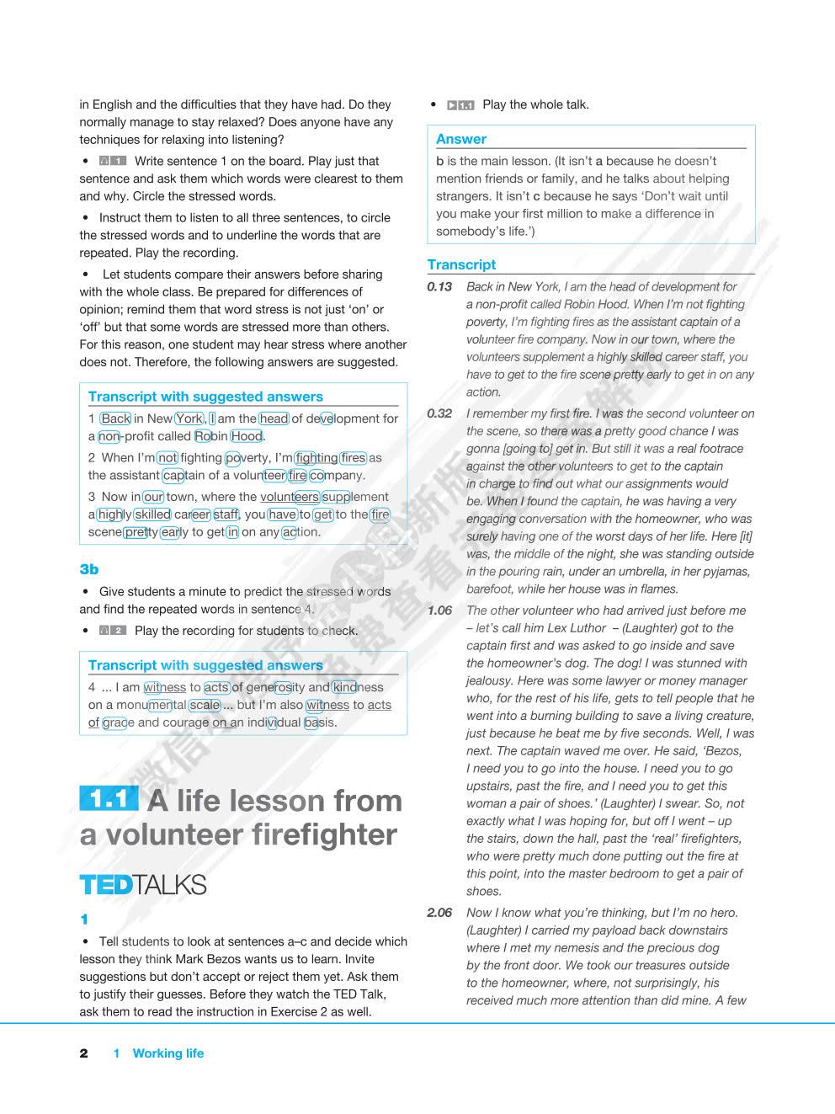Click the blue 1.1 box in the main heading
[x=109, y=799]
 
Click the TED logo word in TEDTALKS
[x=105, y=885]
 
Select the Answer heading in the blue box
[x=460, y=139]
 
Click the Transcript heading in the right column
[x=460, y=264]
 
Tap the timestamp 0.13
[x=439, y=287]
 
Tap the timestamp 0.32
[x=439, y=413]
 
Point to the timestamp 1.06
[x=439, y=610]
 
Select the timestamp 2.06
[x=439, y=913]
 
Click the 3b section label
[x=88, y=569]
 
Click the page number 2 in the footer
[x=83, y=1053]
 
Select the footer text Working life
[x=168, y=1053]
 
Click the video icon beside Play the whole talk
[x=460, y=105]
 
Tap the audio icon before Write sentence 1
[x=112, y=161]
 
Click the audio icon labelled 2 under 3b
[x=112, y=631]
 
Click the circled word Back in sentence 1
[x=115, y=418]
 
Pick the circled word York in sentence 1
[x=189, y=418]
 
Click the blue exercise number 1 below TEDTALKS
[x=83, y=919]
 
